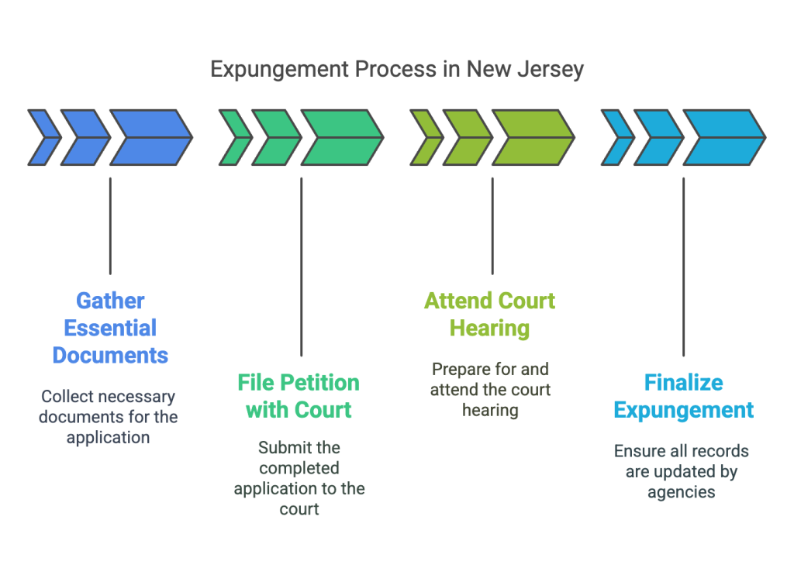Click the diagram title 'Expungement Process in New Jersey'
397,70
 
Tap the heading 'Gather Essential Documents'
110,328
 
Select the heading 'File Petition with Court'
299,396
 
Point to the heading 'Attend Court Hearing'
490,315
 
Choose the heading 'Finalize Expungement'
684,396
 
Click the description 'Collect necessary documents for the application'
109,417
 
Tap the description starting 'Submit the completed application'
299,478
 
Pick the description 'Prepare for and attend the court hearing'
490,389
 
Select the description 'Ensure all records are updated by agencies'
682,471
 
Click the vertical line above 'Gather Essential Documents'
110,226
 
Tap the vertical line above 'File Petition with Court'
302,267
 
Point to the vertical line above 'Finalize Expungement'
684,267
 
